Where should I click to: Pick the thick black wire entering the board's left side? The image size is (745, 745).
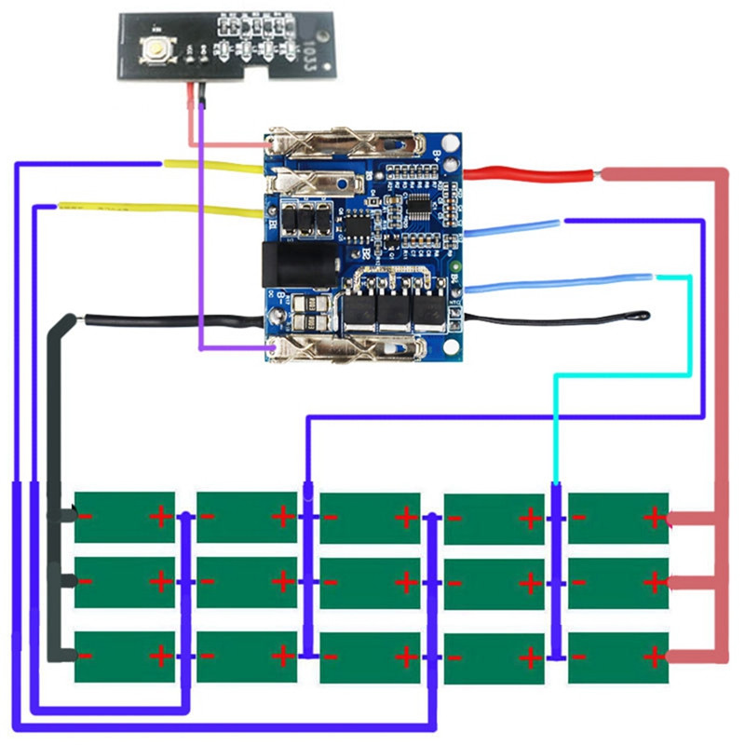tap(168, 319)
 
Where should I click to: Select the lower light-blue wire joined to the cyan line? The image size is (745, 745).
tap(559, 280)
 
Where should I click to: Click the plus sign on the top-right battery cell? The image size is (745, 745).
tap(655, 517)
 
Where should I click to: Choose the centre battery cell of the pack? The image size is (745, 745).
tap(370, 583)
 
